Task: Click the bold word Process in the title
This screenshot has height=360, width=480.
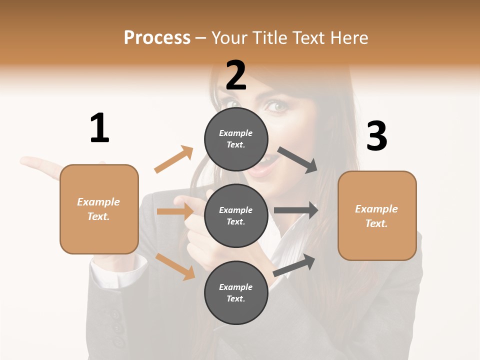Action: [x=157, y=37]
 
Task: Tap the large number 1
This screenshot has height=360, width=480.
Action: [x=99, y=128]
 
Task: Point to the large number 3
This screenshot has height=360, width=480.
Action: [x=376, y=136]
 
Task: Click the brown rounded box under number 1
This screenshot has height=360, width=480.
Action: [x=99, y=209]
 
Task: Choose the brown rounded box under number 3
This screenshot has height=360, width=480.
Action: [x=377, y=215]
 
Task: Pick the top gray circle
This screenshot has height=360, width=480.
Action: [x=236, y=139]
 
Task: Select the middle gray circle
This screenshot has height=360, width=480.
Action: [x=236, y=215]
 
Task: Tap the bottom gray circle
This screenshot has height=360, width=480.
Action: [x=236, y=292]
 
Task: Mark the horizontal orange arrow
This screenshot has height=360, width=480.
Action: [x=175, y=211]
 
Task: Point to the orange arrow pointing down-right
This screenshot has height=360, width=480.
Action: [x=175, y=266]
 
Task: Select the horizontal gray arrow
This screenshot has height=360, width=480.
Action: [x=296, y=210]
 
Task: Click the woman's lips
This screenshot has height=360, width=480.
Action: [x=259, y=169]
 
